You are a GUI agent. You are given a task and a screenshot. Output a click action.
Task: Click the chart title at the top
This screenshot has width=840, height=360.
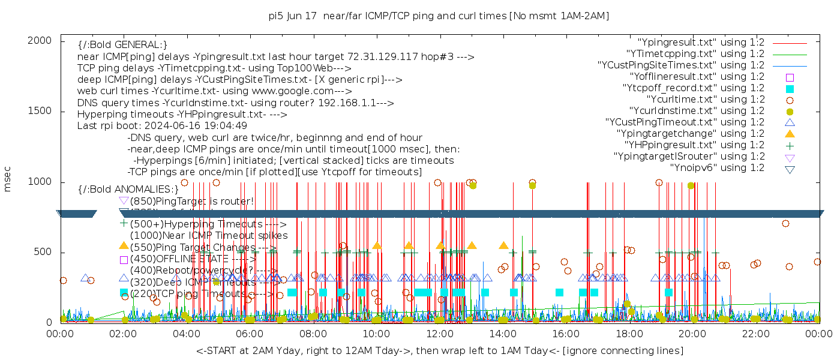[439, 16]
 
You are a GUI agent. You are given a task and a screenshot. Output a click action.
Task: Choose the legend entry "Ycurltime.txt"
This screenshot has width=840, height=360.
[705, 100]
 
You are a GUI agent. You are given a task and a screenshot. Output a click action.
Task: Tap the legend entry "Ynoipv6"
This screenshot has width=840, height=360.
[717, 168]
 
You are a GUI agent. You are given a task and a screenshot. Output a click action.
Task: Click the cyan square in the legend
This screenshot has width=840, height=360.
[790, 88]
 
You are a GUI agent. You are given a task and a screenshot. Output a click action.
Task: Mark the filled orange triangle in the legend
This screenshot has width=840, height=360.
[790, 133]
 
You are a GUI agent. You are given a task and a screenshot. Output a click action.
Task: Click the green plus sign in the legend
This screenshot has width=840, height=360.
[790, 145]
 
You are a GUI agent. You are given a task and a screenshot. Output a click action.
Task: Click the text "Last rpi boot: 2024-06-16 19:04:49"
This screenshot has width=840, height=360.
[162, 126]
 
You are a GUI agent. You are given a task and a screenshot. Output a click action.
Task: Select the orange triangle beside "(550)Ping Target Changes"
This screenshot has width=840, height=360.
[124, 245]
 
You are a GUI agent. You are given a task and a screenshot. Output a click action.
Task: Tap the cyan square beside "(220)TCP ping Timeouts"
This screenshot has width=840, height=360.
[124, 293]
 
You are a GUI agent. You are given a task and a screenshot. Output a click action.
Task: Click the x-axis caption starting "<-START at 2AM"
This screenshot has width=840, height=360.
[439, 350]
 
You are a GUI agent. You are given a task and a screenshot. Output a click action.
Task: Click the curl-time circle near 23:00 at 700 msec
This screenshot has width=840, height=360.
[785, 224]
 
